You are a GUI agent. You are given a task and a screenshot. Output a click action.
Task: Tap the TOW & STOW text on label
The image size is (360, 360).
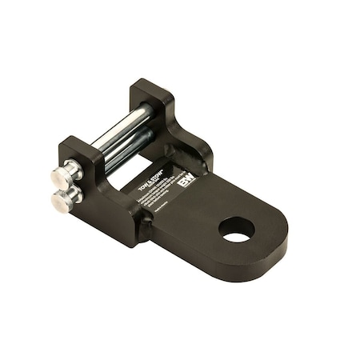click(x=163, y=176)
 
